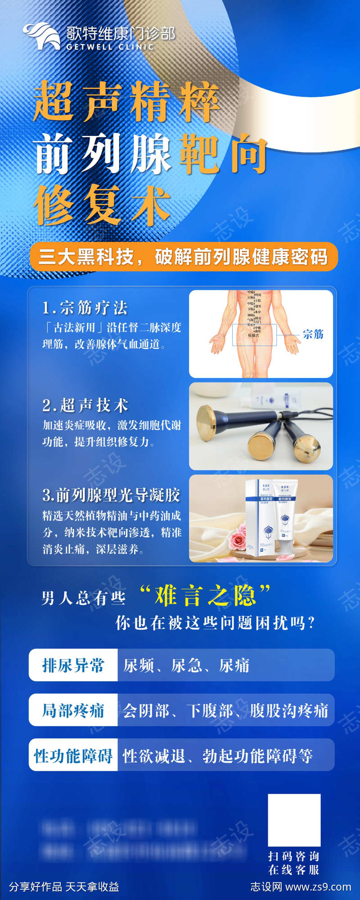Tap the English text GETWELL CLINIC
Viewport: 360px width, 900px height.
pos(110,47)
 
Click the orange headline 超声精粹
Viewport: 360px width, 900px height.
pos(126,102)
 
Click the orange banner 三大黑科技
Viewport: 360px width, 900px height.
pos(183,257)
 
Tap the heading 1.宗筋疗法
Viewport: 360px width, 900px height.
pos(85,308)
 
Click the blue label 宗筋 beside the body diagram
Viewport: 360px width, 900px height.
pos(313,334)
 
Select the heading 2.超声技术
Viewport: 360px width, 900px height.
pos(85,405)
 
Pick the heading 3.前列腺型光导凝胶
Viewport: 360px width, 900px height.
pos(111,495)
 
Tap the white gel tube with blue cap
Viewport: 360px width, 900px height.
pos(284,517)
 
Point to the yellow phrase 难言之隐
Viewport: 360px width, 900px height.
pos(205,596)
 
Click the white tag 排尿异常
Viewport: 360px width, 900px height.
pos(73,665)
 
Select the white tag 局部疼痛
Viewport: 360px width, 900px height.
pos(73,710)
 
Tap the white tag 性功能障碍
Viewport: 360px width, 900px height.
pos(73,756)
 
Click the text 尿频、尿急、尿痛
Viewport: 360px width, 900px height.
pos(186,665)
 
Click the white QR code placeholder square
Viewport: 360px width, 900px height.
pos(294,820)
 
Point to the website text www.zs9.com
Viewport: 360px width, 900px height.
pos(318,887)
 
